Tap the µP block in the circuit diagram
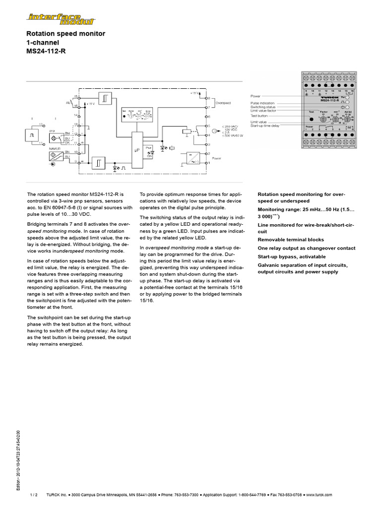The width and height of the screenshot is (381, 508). pos(136,149)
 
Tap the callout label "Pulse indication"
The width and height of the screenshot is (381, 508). pos(263,103)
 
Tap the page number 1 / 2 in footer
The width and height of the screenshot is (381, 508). pos(34,495)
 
